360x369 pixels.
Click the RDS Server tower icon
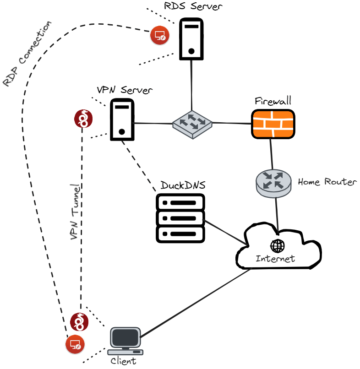click(x=191, y=38)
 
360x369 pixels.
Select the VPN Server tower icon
click(x=122, y=119)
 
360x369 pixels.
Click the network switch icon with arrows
click(x=192, y=123)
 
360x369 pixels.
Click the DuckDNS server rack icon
click(x=180, y=217)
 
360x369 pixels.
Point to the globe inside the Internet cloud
click(x=277, y=246)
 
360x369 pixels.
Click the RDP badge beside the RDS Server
click(x=160, y=35)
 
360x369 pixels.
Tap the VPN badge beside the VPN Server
click(x=84, y=119)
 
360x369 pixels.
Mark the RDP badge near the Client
click(x=74, y=344)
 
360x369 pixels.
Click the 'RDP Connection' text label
click(x=27, y=54)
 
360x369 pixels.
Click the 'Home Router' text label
click(x=327, y=182)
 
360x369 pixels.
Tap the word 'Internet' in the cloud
click(x=275, y=259)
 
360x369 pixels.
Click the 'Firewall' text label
click(x=273, y=101)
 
